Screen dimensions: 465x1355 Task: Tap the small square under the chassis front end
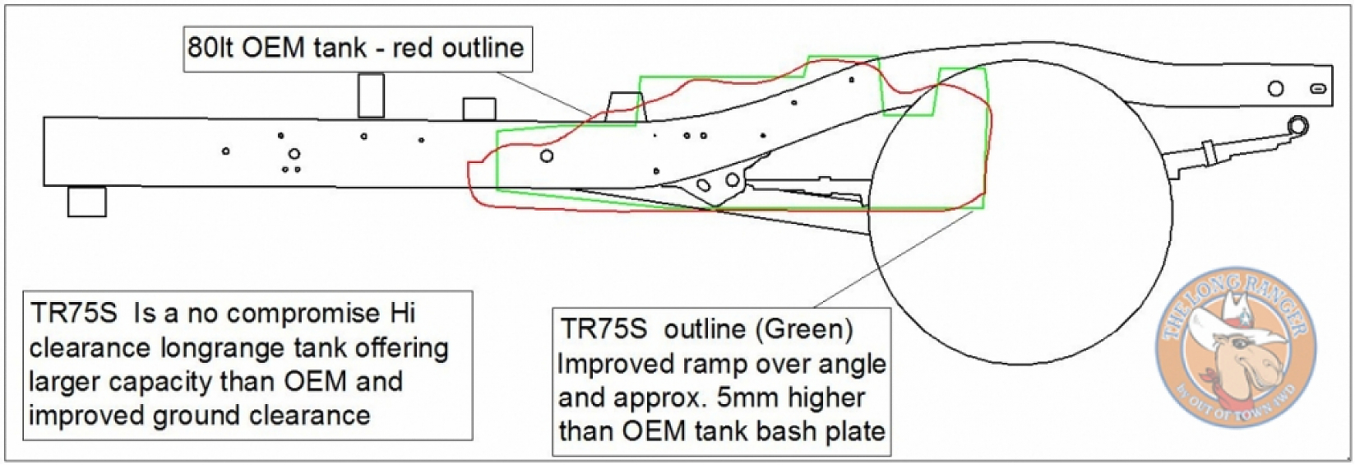[86, 202]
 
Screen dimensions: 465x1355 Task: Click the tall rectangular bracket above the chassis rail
[372, 95]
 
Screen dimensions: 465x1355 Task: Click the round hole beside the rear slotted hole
[1275, 88]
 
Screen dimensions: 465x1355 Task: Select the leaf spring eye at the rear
[1297, 126]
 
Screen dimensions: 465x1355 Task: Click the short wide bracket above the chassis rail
[479, 109]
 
